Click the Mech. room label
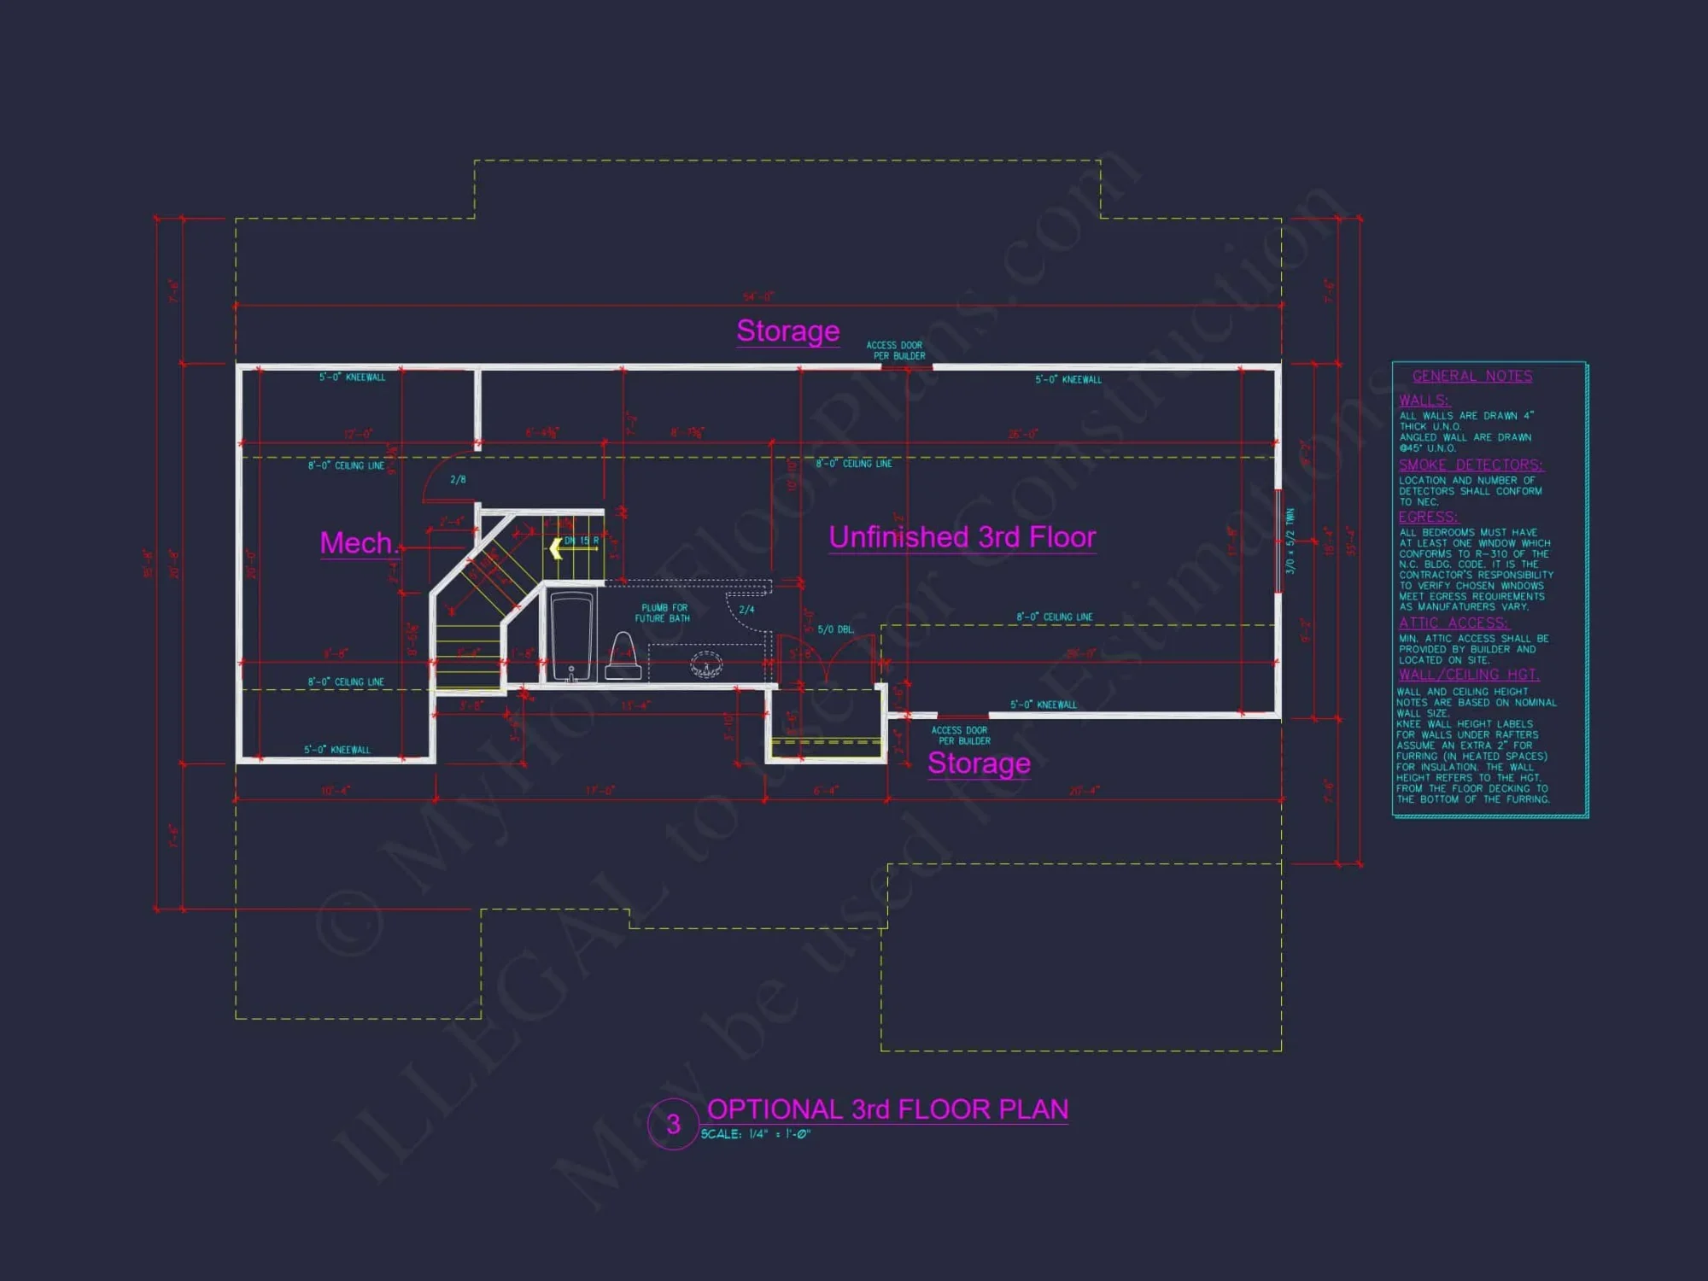[359, 543]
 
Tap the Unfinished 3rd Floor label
[962, 537]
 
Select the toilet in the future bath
[623, 657]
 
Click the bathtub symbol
[571, 636]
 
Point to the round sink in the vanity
[706, 664]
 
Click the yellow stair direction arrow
[556, 548]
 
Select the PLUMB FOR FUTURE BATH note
[664, 613]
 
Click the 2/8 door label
[458, 480]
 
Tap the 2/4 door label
[746, 610]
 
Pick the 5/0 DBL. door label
[835, 630]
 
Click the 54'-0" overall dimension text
[757, 296]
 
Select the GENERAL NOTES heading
[1471, 377]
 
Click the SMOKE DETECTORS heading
[1470, 465]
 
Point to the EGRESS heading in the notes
[1428, 518]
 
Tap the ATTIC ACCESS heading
[1454, 623]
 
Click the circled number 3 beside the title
[673, 1124]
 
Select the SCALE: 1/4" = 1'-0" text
[755, 1134]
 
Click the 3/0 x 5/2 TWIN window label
[1290, 541]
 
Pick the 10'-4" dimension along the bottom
[335, 791]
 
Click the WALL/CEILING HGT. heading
[1468, 675]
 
